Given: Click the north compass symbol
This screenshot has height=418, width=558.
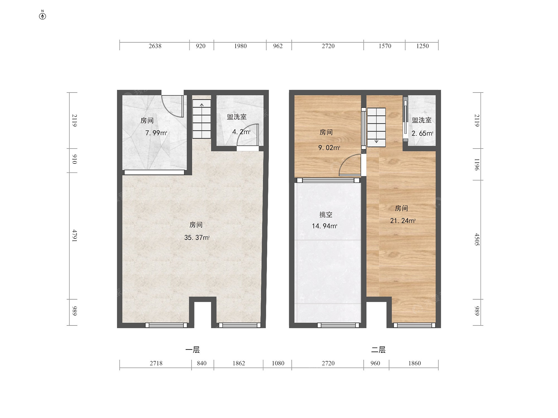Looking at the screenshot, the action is [x=42, y=15].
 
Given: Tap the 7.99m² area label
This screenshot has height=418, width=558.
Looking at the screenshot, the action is [x=156, y=133].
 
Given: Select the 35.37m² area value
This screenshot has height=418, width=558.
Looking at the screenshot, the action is [x=197, y=237].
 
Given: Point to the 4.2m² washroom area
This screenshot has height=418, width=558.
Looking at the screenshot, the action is [x=241, y=132].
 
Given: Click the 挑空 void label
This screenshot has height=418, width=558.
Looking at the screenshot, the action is [x=326, y=215].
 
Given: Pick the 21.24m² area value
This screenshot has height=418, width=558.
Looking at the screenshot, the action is [x=403, y=221].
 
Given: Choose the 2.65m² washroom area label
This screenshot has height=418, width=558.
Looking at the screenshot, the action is [x=422, y=133].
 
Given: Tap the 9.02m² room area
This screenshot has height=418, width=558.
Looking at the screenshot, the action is [x=329, y=148].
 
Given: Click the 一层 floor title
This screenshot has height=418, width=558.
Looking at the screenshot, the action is [x=193, y=350].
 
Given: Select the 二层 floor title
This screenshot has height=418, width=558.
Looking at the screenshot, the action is [x=378, y=350].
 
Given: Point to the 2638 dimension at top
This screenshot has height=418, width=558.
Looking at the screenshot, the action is [x=155, y=46].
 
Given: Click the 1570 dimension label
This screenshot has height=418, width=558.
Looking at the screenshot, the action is [x=385, y=46].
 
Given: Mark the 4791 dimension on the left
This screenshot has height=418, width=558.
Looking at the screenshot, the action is [x=74, y=236].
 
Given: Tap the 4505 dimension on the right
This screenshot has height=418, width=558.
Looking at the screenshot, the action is [x=477, y=239].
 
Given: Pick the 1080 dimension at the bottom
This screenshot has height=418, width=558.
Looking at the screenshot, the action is [x=278, y=363].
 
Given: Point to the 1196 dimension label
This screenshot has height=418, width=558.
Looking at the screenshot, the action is [x=477, y=164].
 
